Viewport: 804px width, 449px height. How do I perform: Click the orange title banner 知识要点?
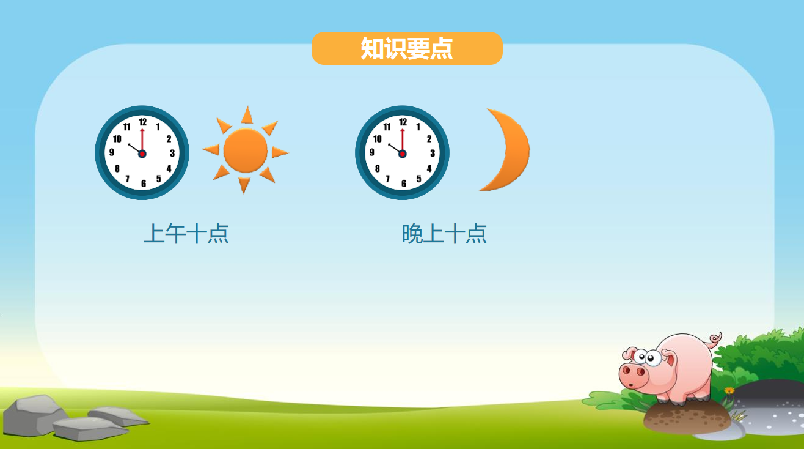tap(407, 48)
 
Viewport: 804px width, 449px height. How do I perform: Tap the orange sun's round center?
tap(246, 150)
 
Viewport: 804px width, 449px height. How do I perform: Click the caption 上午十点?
tap(186, 234)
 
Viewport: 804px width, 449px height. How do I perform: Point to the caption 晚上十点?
tap(444, 234)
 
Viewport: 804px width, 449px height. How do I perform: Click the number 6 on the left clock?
tap(144, 184)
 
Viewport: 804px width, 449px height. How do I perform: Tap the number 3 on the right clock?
tap(433, 154)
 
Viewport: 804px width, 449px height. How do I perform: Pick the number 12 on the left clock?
tap(143, 122)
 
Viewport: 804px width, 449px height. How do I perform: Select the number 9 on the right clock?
tap(372, 152)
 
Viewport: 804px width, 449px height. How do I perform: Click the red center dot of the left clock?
tap(142, 154)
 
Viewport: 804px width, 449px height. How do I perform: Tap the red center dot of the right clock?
tap(403, 154)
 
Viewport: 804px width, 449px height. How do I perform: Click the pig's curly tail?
tap(715, 339)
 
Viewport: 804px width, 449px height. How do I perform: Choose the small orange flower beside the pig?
tap(729, 391)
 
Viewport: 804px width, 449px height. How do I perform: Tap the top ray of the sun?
tap(247, 115)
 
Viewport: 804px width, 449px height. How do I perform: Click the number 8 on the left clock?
tap(117, 169)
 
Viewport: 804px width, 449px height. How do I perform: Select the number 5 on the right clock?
tap(418, 179)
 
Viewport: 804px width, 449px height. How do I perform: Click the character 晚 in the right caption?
tap(412, 234)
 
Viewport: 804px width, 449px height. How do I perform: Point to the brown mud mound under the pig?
tap(686, 418)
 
